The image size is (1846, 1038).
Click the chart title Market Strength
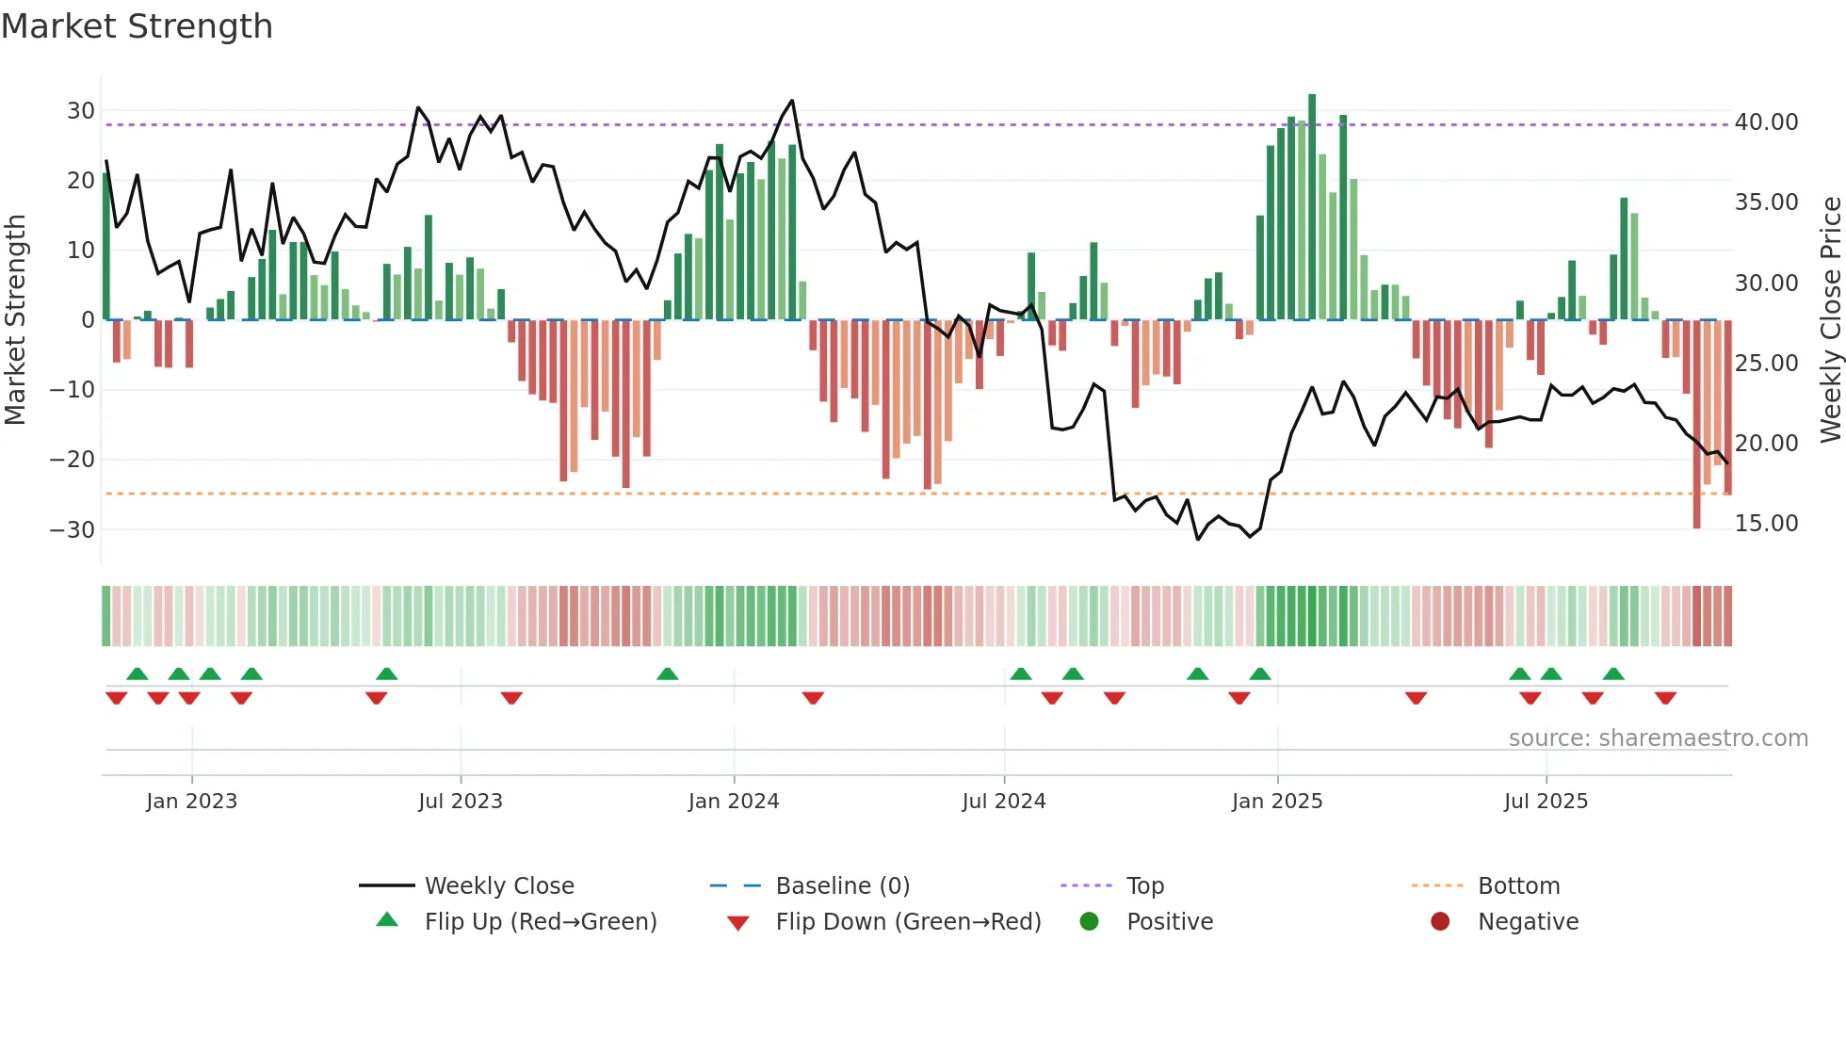(x=137, y=26)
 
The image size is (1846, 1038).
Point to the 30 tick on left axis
(x=81, y=111)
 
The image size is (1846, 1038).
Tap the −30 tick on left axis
(x=73, y=529)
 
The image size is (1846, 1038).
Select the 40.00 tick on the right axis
(x=1766, y=122)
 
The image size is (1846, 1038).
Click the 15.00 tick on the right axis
(x=1766, y=524)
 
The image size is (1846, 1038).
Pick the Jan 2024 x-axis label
(x=733, y=802)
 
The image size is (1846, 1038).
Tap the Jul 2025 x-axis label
(x=1545, y=802)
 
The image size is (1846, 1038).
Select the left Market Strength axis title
(x=15, y=320)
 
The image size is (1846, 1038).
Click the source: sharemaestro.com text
(x=1658, y=738)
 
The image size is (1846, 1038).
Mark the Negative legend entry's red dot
(x=1440, y=922)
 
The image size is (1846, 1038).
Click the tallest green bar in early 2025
(x=1312, y=207)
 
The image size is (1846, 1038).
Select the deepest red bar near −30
(x=1696, y=424)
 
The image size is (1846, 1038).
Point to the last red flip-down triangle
(x=1665, y=698)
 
